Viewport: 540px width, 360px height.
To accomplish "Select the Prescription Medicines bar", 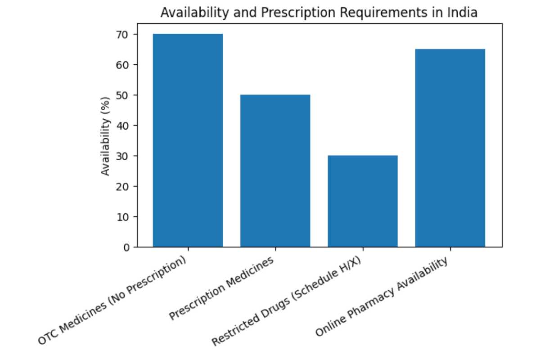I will click(275, 171).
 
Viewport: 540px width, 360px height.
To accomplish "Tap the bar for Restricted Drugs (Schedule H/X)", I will click(362, 201).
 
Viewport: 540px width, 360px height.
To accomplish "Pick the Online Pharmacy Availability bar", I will click(450, 148).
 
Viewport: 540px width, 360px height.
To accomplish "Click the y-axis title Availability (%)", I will click(105, 136).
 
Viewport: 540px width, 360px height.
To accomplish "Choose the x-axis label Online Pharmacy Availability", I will click(382, 297).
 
